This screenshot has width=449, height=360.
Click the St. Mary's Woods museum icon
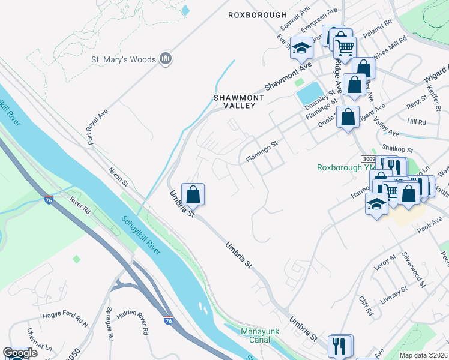pos(166,59)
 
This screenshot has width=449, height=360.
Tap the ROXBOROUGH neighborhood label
pos(258,16)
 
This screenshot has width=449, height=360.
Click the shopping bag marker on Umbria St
pos(193,195)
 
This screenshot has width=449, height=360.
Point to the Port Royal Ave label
pos(98,127)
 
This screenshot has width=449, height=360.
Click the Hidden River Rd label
pos(133,322)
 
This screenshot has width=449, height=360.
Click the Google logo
pos(20,353)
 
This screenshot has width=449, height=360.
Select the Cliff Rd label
pos(366,305)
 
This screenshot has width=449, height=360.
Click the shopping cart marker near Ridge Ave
pos(344,47)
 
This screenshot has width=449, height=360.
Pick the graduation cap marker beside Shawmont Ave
pos(301,48)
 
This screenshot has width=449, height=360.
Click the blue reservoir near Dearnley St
pos(309,93)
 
